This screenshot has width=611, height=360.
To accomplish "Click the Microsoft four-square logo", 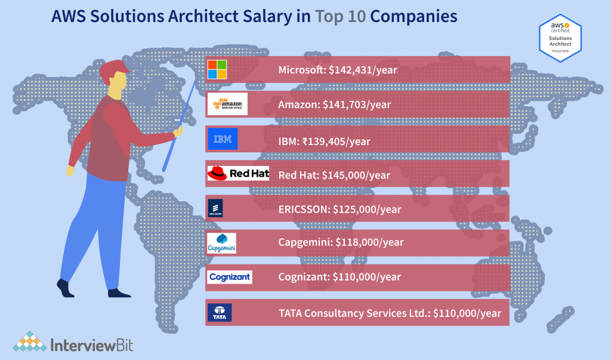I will point(217,70).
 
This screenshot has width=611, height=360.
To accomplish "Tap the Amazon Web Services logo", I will point(227,104).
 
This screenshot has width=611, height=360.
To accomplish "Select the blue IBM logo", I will point(223,139).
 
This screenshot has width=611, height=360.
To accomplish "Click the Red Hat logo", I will point(234,174).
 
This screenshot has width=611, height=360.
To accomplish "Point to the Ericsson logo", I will point(215,208).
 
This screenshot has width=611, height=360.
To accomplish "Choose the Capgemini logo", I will point(221,242).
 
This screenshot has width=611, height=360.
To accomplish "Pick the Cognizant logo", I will point(230,277).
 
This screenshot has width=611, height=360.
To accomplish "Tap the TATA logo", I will point(219,312).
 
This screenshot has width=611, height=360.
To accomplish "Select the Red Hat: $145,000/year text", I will point(334,175).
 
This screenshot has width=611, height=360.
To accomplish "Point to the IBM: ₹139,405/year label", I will point(324,141).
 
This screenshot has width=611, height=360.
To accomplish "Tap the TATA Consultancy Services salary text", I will point(390,313).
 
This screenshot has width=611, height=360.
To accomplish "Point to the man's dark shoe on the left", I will point(65,288).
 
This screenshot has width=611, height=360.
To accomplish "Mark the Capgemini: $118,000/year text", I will point(341,242).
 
